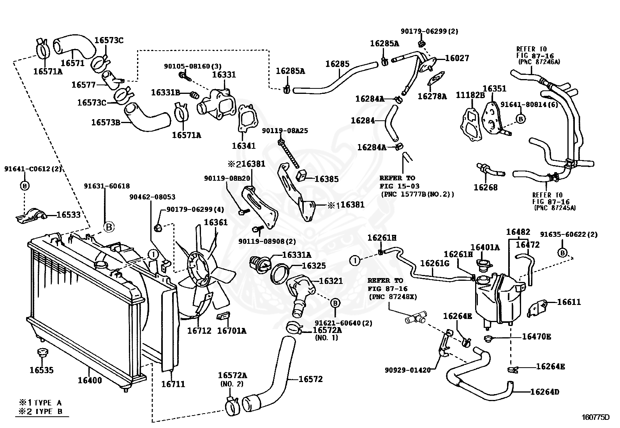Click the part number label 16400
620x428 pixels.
(x=90, y=380)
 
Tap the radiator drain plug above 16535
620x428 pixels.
(x=42, y=353)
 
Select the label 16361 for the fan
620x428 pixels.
(x=216, y=222)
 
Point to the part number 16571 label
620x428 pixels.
(x=72, y=63)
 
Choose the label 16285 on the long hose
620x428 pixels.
(x=337, y=64)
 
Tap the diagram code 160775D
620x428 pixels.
(x=595, y=417)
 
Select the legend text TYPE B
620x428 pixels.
(x=48, y=411)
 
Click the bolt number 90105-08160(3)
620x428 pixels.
(x=193, y=66)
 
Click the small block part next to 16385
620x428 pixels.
(x=302, y=175)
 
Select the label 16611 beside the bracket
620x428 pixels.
(x=569, y=302)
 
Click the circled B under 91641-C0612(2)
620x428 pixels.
(x=25, y=185)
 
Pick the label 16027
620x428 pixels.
(x=457, y=58)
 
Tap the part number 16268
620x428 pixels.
(x=486, y=187)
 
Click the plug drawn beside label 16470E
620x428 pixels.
(x=489, y=338)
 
